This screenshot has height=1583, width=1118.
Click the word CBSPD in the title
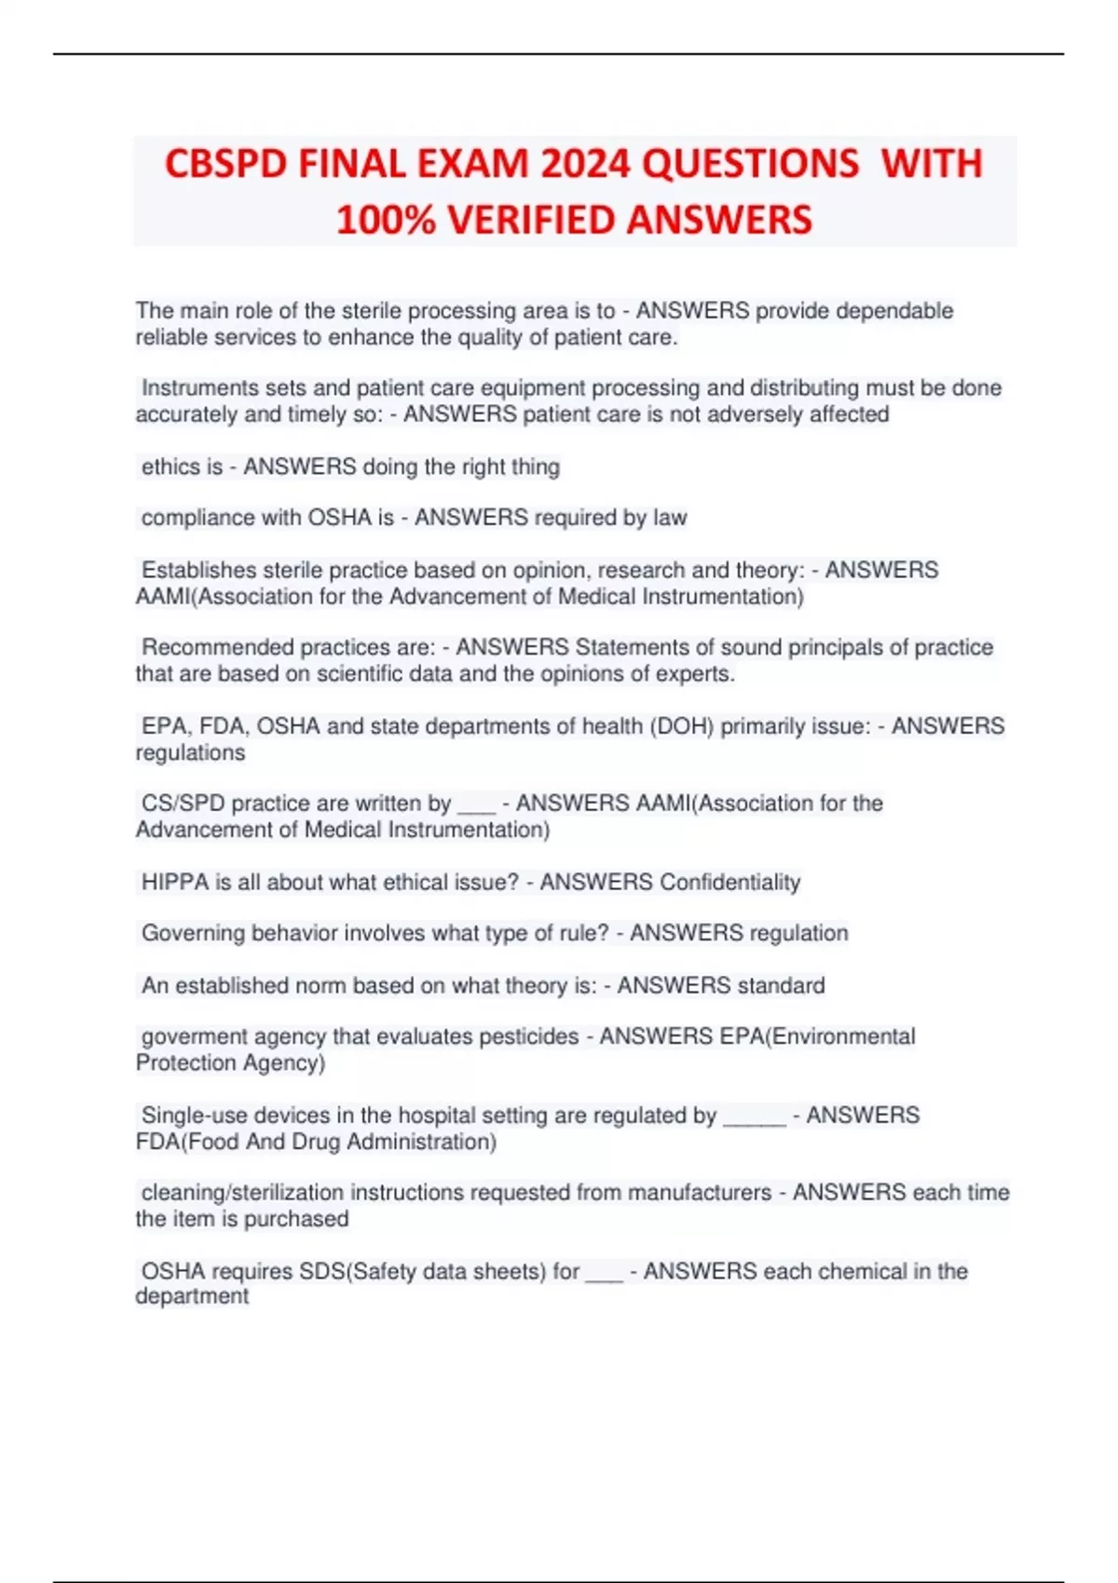click(225, 164)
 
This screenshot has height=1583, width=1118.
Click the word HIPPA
click(175, 882)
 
